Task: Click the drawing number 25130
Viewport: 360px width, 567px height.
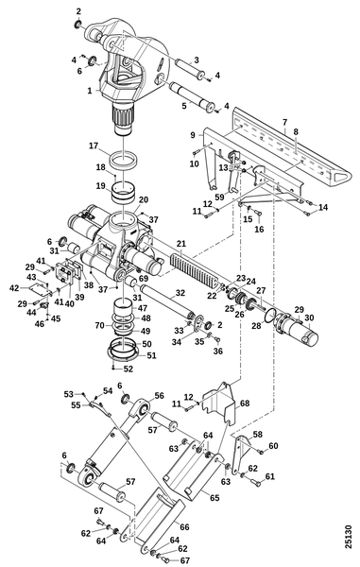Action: pos(348,537)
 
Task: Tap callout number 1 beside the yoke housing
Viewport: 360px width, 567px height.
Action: pos(90,91)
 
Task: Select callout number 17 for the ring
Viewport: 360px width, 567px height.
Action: pos(94,146)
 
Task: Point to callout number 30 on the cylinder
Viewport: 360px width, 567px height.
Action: pos(309,318)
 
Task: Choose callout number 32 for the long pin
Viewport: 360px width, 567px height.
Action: pos(180,293)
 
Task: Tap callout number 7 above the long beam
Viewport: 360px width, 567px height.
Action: pos(284,122)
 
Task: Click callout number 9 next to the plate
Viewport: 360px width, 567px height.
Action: pos(193,135)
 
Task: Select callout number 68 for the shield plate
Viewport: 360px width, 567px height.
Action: pos(245,403)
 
